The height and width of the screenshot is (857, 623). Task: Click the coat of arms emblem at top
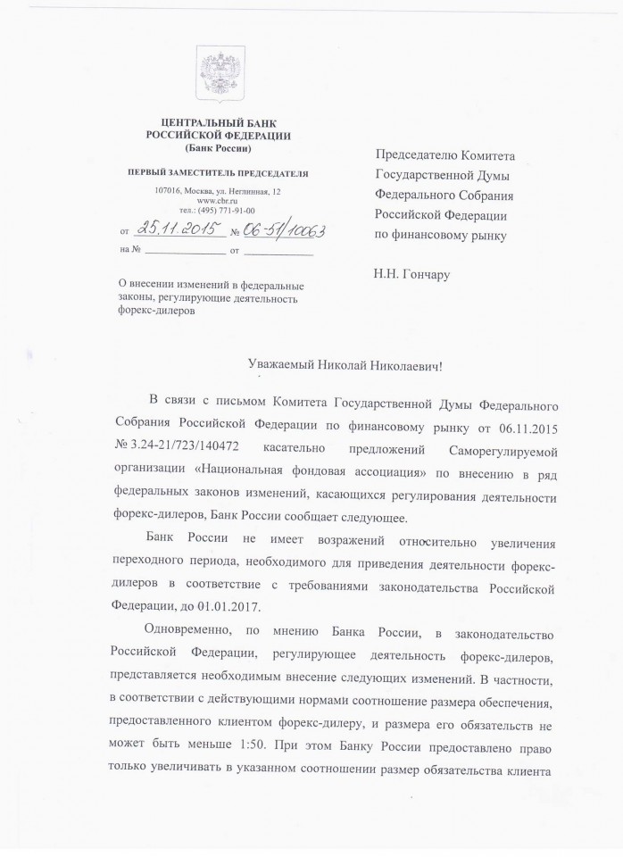click(217, 74)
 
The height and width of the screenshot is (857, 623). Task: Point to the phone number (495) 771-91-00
click(225, 211)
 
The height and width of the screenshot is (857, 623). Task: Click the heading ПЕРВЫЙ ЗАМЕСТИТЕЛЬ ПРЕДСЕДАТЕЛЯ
click(218, 171)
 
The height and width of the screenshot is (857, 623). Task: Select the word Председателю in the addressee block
click(425, 155)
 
